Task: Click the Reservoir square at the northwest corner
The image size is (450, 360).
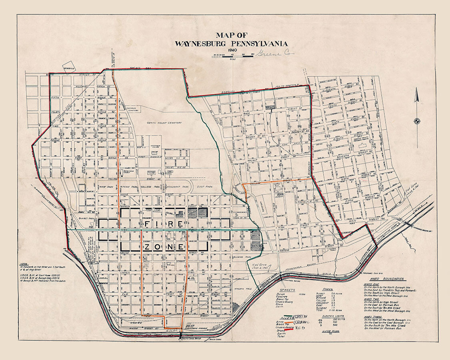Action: (68, 68)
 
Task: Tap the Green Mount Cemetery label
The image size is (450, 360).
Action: (164, 123)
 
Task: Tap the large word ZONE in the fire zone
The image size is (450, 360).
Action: (164, 247)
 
